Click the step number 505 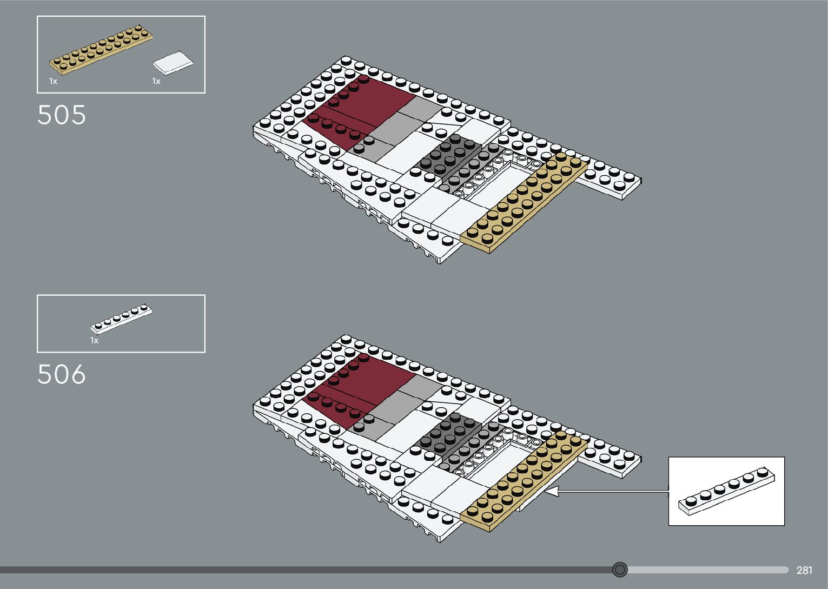62,115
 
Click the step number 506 62,374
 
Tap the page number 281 804,570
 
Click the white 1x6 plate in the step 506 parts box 121,319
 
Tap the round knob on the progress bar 620,570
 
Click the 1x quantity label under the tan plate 53,81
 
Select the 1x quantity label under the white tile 156,81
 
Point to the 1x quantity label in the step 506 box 94,341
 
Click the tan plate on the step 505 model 523,203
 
